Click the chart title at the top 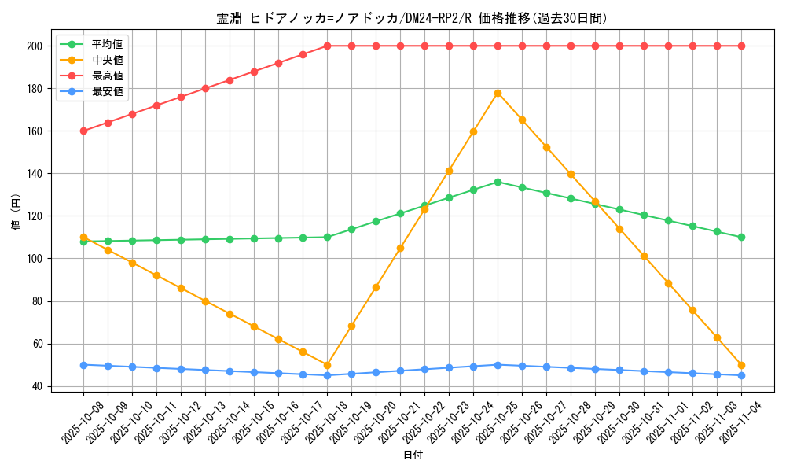(412, 18)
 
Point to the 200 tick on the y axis (34, 46)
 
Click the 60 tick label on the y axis (37, 344)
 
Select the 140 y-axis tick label (34, 174)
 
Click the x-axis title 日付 (413, 455)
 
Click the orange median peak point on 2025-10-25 (498, 93)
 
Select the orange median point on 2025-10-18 (327, 365)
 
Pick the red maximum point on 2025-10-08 (83, 131)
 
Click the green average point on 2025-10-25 (498, 182)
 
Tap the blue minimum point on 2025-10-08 (83, 365)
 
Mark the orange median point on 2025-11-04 (741, 365)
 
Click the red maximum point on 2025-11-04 (741, 46)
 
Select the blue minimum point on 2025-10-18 (327, 375)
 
